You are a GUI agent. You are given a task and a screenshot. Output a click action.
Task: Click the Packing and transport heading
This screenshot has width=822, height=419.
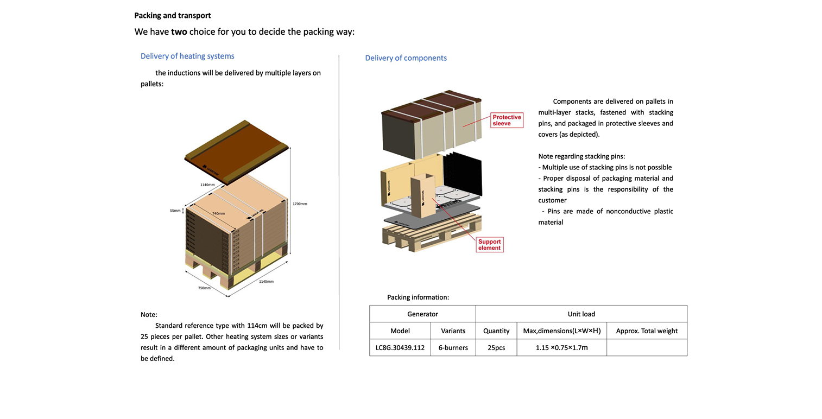(173, 16)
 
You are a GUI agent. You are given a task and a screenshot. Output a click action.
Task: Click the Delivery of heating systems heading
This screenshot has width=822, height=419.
(187, 56)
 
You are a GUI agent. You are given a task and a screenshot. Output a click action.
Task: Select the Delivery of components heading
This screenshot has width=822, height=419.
(406, 58)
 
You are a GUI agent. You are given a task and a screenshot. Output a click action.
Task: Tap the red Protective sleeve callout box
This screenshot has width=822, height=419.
(507, 120)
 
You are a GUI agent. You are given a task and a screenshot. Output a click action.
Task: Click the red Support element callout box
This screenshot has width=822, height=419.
(489, 245)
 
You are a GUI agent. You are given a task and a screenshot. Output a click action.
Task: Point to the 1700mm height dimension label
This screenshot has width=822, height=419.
(300, 204)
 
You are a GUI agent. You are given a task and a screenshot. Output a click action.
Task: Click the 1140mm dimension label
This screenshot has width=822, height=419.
(207, 185)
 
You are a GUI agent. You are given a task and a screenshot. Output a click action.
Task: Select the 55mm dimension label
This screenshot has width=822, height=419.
(175, 211)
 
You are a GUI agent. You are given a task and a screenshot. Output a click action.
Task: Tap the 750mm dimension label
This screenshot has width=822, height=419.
(204, 288)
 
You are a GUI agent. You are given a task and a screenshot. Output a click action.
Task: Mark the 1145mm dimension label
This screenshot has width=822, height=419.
(266, 282)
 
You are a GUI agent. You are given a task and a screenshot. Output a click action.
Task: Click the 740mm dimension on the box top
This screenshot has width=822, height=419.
(218, 214)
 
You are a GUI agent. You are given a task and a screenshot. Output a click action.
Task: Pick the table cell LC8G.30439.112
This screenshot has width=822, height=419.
(400, 347)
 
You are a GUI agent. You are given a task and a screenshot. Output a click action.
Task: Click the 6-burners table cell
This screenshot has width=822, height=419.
(453, 347)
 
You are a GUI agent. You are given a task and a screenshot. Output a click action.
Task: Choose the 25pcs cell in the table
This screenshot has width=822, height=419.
(496, 347)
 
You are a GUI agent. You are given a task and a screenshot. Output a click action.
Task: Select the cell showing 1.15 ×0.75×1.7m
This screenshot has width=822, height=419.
(561, 347)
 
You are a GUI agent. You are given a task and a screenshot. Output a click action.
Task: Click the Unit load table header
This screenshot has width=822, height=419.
(581, 314)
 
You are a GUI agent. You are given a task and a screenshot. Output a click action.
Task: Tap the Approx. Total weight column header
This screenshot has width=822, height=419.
(647, 331)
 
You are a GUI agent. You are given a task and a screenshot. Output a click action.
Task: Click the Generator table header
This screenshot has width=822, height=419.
(422, 314)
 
